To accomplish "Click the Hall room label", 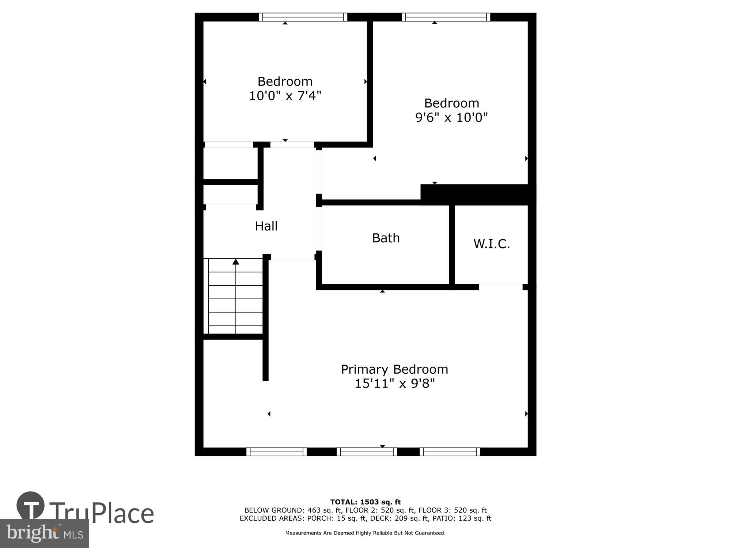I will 266,226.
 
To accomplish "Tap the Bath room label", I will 386,238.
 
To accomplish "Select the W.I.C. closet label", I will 491,244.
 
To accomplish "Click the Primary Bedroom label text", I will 394,369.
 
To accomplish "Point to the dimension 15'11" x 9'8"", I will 394,384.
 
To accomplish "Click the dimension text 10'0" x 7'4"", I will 285,96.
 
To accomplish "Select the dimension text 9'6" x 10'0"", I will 451,118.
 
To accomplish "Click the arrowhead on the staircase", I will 236,262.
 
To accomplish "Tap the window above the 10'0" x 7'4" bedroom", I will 303,17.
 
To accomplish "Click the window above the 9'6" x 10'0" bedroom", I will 446,17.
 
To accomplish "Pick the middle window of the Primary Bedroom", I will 367,452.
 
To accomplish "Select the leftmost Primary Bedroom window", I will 277,452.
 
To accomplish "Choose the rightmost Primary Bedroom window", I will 450,452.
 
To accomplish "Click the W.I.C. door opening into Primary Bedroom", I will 500,286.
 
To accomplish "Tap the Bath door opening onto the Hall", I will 319,229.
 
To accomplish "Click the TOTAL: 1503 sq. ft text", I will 365,502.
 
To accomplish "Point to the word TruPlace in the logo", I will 101,513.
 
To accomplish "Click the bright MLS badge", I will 44,533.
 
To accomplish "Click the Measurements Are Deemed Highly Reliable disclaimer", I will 365,533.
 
